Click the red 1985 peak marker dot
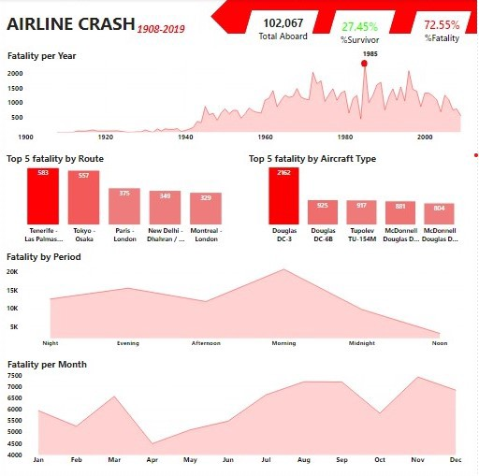pos(365,64)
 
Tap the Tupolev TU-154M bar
pos(361,211)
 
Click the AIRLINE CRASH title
pos(69,24)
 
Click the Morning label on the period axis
pos(284,343)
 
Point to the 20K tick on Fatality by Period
pos(13,272)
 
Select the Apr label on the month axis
pos(152,460)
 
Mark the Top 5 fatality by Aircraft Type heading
pos(312,159)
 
